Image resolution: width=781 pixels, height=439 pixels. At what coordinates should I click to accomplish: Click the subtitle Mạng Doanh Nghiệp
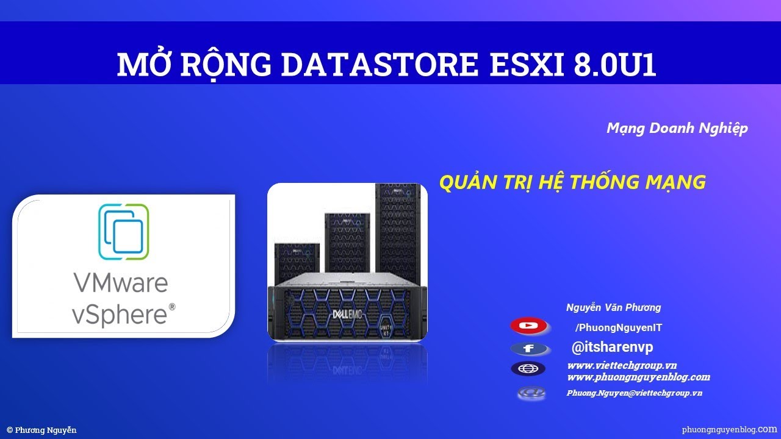pos(677,128)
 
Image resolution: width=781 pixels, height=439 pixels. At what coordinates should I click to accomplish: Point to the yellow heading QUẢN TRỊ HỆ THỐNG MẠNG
pos(572,182)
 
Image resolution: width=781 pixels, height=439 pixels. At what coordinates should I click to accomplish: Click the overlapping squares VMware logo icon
pos(123,232)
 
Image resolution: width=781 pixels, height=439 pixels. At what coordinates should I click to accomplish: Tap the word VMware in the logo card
pos(120,283)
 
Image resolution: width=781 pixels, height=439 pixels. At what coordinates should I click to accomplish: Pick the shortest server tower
pos(297,262)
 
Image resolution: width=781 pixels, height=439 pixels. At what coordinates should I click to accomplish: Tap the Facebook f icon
pos(528,349)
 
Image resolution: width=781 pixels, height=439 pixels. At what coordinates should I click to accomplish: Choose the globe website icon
pos(528,369)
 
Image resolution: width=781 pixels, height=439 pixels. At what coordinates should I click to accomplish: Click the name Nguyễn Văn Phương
pos(613,308)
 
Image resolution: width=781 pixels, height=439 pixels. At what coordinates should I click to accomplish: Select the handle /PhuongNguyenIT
pos(618,328)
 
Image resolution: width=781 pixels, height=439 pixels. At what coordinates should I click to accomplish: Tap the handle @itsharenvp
pos(612,348)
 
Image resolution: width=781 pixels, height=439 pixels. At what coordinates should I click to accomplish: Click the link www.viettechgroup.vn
pos(622,365)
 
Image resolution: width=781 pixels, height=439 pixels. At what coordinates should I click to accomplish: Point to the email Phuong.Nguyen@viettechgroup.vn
pos(634,393)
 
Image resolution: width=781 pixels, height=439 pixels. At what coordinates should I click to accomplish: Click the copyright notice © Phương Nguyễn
pos(41,430)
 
